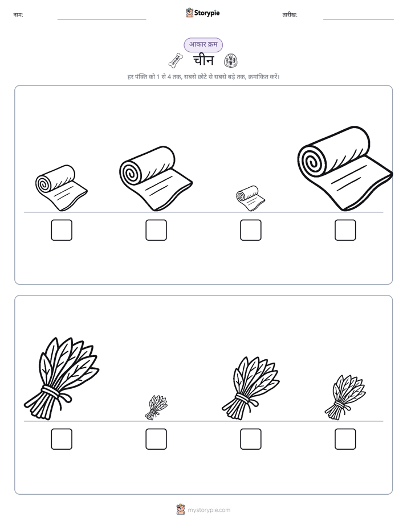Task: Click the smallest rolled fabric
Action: tap(250, 198)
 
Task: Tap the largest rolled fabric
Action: tap(345, 169)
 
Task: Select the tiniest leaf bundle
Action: tap(156, 408)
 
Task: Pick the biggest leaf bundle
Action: tap(62, 379)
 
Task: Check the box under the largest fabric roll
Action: tap(345, 230)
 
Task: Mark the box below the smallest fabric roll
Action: tap(250, 230)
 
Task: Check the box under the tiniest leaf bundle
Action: tap(156, 439)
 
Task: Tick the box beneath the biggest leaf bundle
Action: tap(62, 439)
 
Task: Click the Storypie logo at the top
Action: tap(202, 13)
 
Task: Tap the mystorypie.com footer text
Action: tap(209, 510)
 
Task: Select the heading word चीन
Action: tap(203, 61)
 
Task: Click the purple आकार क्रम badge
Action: tap(203, 44)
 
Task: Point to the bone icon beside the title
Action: tap(176, 60)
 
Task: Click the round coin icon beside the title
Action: tap(231, 61)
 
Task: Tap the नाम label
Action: tap(18, 15)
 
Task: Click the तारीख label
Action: tap(290, 15)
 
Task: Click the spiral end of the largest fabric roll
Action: tap(312, 162)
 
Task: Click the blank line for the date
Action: tap(359, 19)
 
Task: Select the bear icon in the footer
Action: tap(181, 509)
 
